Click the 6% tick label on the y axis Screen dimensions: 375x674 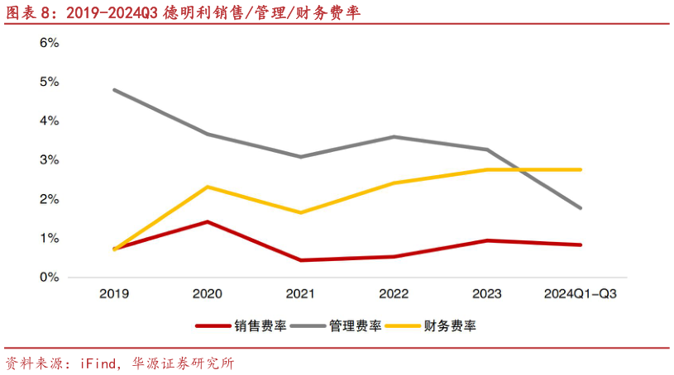coord(49,43)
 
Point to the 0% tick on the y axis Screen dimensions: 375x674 coord(49,278)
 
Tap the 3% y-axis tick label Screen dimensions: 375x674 coord(49,160)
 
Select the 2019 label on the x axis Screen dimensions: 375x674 coord(114,293)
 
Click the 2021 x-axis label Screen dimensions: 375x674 coord(300,293)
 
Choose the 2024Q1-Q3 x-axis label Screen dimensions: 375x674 coord(581,293)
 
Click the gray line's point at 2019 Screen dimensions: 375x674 coord(114,89)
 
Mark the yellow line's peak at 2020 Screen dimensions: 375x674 coord(208,187)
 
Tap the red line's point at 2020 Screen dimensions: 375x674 coord(208,221)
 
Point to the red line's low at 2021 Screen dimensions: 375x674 coord(300,260)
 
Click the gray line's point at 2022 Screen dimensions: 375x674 coord(394,136)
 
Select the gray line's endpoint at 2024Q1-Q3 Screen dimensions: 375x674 coord(581,208)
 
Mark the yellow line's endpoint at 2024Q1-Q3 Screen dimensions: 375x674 coord(581,169)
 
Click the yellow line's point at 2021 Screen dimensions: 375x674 coord(300,212)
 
